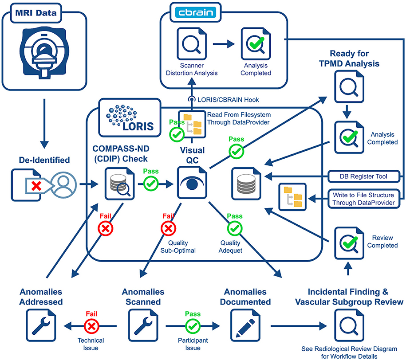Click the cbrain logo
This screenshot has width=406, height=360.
196,12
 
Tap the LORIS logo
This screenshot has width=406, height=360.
130,118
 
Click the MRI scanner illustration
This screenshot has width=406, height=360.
44,52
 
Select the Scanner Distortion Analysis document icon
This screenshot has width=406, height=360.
192,44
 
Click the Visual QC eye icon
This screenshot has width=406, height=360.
192,183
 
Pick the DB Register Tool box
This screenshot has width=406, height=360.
363,176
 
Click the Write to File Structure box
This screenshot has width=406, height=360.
363,199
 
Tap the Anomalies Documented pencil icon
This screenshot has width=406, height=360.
245,325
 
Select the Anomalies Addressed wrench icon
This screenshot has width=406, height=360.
41,325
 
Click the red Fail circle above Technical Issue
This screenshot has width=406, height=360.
91,326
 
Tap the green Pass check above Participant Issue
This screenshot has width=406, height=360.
193,326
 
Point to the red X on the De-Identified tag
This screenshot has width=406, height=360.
36,186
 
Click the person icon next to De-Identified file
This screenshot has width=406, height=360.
63,184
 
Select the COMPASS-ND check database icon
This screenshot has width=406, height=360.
119,184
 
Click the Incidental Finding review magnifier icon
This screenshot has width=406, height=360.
349,325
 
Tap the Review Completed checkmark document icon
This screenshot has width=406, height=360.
349,243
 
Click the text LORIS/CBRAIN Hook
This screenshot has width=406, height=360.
228,100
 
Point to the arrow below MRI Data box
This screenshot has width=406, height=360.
44,123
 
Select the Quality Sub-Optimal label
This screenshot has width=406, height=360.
178,247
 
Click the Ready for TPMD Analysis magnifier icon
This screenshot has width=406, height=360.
349,86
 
